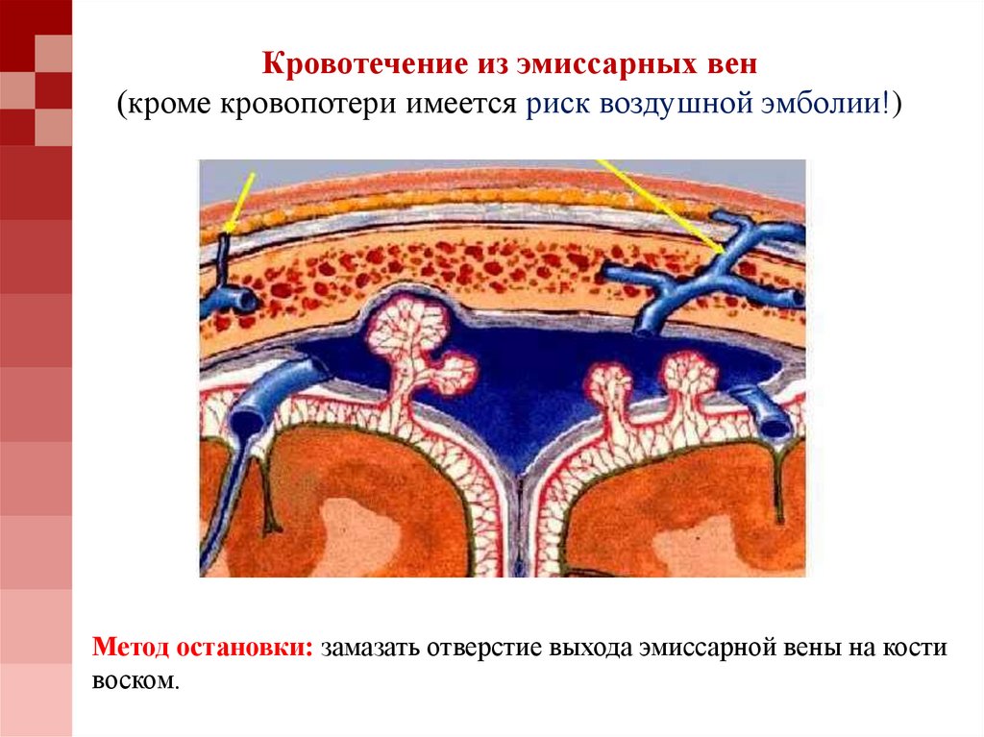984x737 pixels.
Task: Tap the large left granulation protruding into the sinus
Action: point(408,336)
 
